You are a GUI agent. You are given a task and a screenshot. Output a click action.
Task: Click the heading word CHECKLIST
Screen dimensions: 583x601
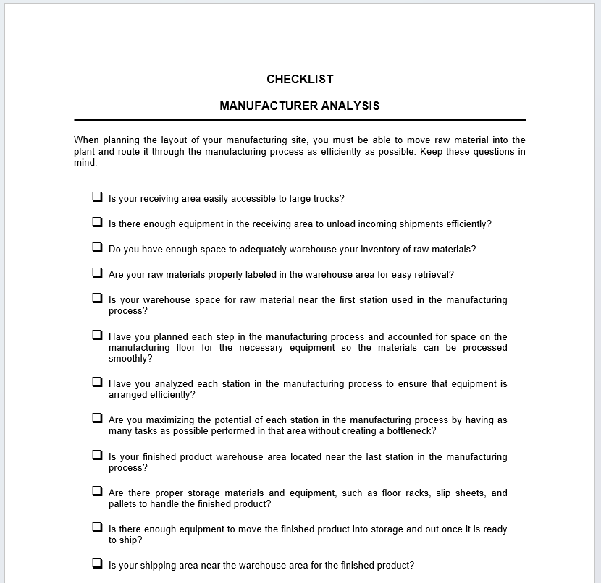click(300, 79)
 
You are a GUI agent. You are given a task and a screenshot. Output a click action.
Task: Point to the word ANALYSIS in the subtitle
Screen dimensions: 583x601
click(350, 106)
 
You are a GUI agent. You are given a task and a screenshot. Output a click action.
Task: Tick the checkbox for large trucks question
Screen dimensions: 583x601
click(97, 197)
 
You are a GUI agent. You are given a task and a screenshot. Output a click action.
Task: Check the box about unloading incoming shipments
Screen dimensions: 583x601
click(97, 222)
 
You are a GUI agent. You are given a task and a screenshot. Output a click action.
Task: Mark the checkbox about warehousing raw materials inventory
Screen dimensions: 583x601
click(97, 247)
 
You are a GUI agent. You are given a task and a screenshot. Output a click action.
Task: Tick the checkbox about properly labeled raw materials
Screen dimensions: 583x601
click(97, 273)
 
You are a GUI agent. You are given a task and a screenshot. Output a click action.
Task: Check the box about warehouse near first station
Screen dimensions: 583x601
click(97, 298)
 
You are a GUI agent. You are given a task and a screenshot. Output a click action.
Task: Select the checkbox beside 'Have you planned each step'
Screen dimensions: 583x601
click(97, 335)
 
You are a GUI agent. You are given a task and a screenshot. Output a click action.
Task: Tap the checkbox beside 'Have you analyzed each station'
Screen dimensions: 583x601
click(97, 382)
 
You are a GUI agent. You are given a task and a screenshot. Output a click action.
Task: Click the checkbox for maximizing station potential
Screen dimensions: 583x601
click(97, 418)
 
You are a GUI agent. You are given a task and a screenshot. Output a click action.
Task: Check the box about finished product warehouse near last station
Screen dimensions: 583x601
click(97, 455)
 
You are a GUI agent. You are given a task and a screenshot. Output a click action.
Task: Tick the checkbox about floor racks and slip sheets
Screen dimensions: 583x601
click(97, 491)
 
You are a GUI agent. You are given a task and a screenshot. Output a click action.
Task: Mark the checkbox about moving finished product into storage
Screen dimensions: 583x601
click(97, 527)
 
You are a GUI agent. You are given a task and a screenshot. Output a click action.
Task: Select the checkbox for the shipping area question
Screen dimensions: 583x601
click(97, 563)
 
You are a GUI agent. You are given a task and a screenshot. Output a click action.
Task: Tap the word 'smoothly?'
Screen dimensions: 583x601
click(130, 359)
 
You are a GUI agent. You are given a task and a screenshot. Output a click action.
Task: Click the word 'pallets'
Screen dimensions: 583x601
click(124, 504)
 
